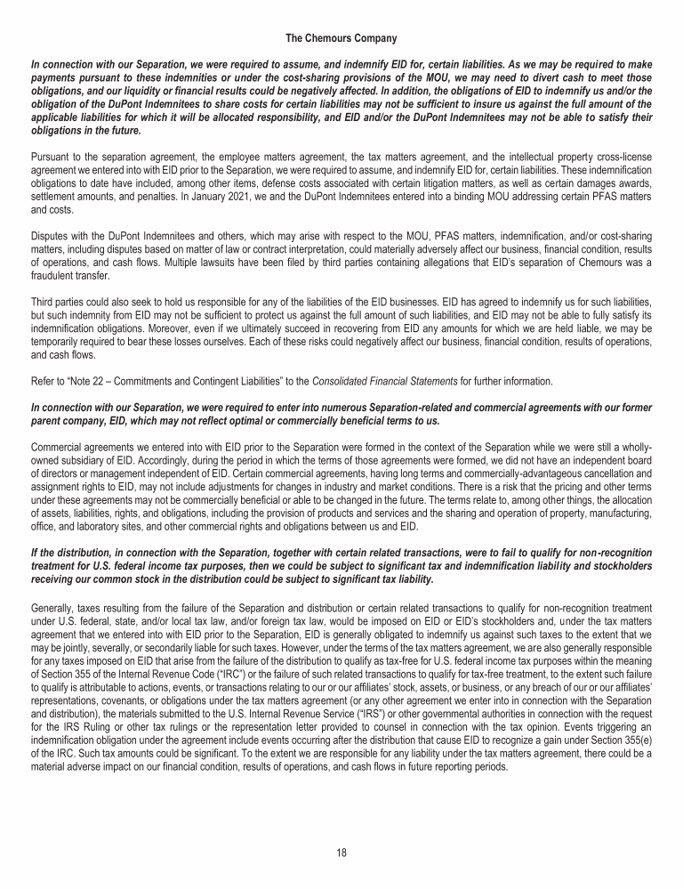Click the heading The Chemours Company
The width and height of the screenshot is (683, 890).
point(341,38)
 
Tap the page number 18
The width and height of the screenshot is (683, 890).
point(341,852)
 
